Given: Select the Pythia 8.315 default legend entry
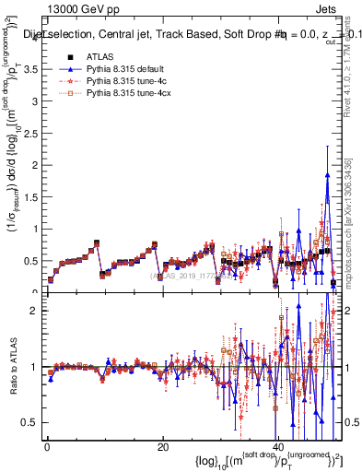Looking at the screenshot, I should pyautogui.click(x=120, y=69).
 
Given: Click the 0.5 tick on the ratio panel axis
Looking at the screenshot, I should pyautogui.click(x=31, y=422).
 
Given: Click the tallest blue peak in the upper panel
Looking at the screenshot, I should pyautogui.click(x=327, y=175).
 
